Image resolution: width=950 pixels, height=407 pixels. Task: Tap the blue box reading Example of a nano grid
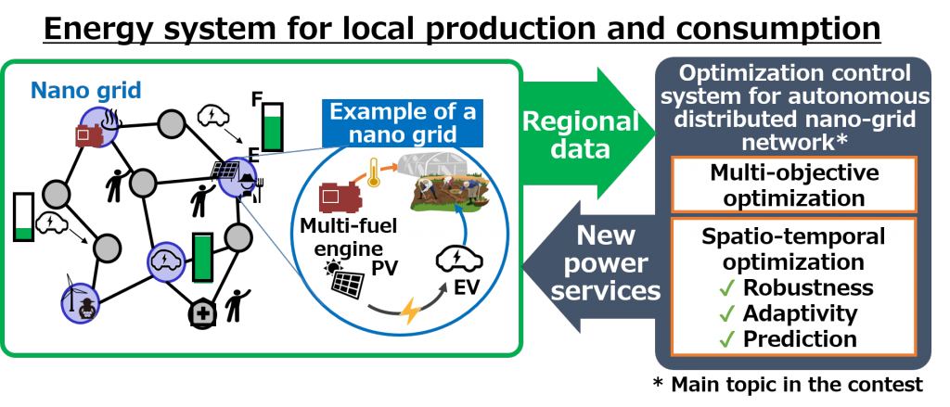pos(403,123)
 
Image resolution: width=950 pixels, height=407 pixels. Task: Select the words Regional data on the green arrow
pos(581,135)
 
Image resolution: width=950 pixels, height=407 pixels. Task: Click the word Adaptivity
pos(800,312)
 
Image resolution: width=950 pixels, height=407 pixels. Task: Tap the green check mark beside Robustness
pos(729,287)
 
